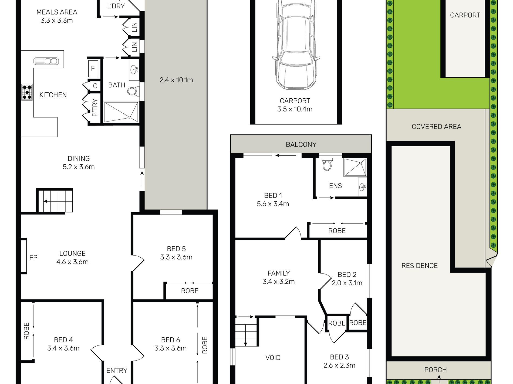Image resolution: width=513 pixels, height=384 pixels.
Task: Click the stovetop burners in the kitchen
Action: click(27, 92)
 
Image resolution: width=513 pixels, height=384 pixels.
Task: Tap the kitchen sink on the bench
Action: click(46, 61)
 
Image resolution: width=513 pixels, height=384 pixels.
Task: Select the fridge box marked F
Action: click(93, 68)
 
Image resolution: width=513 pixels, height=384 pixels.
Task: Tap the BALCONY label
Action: click(301, 144)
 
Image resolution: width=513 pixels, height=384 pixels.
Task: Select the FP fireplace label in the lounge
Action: click(33, 258)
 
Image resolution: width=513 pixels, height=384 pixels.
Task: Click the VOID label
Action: click(273, 358)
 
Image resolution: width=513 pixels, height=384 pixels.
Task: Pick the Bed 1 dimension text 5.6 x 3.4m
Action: click(273, 204)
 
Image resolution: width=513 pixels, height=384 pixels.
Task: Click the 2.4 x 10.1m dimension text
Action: click(176, 80)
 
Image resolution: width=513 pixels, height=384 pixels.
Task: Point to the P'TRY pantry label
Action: click(94, 108)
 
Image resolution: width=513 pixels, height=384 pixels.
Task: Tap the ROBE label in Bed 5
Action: click(190, 291)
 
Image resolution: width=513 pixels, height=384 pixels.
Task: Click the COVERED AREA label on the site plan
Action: click(437, 127)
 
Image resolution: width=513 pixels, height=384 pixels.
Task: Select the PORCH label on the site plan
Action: click(436, 370)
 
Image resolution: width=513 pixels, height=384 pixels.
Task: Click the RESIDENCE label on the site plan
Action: click(420, 266)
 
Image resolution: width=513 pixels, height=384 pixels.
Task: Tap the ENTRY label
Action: click(117, 371)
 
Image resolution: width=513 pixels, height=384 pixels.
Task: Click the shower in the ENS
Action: click(355, 167)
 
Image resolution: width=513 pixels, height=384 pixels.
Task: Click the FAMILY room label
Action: click(279, 273)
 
